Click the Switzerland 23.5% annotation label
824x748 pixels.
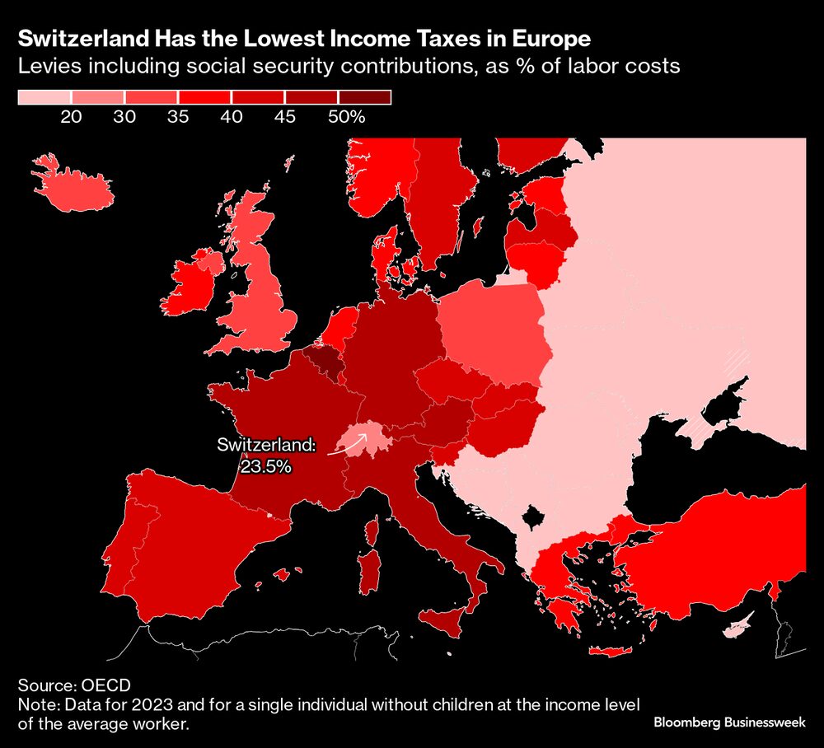point(266,455)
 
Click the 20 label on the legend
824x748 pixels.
point(71,117)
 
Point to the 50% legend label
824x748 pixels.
point(346,117)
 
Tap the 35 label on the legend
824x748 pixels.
point(178,117)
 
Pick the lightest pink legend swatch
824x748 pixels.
point(44,97)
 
